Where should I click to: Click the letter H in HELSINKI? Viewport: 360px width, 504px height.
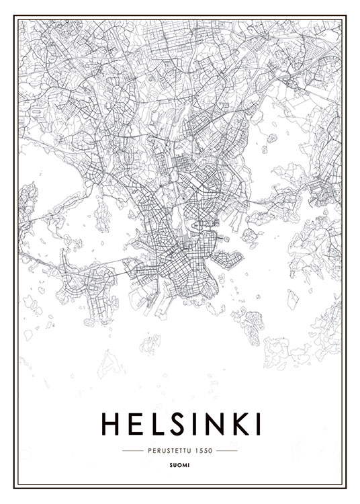point(111,423)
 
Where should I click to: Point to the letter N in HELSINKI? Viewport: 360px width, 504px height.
point(211,423)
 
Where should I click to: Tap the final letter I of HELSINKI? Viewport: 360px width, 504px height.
point(256,423)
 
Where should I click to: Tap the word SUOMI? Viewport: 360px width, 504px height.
point(180,464)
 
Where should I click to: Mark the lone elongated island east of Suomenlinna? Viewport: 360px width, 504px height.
point(293,299)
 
